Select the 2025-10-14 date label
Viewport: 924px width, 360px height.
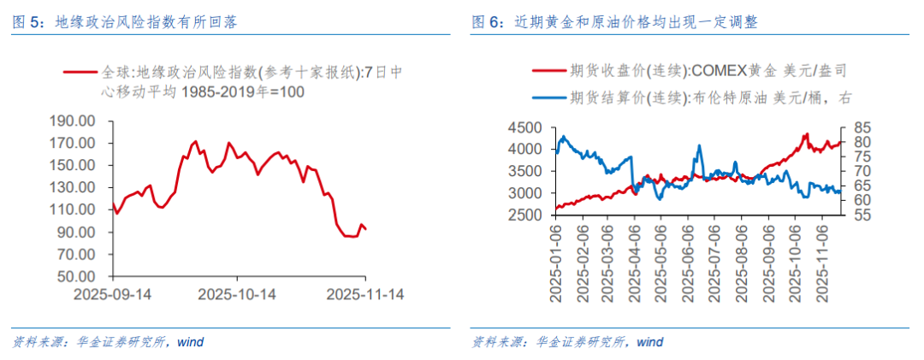237,294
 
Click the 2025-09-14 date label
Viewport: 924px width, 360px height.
112,294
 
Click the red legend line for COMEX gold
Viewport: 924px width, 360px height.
548,71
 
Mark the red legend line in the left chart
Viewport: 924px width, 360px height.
80,72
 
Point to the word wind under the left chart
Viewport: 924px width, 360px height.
190,342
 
